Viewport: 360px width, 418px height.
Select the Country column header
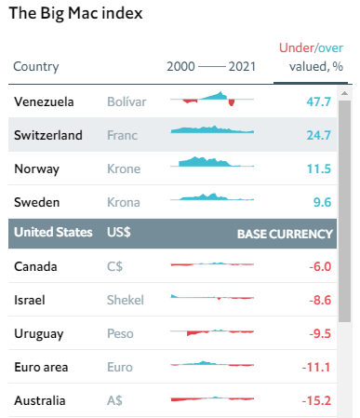(36, 66)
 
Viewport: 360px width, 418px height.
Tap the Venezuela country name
(45, 101)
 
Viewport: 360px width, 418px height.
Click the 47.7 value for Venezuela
(318, 101)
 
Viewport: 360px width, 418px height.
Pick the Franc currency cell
(122, 135)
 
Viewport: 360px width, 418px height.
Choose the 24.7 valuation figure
(318, 135)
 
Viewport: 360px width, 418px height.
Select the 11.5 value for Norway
(318, 169)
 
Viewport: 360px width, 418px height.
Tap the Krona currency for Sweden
(123, 201)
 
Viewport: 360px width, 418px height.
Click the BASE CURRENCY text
(285, 234)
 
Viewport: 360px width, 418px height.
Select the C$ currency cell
(114, 267)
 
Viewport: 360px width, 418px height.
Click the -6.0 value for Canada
(319, 267)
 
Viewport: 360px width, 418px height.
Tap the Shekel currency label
(126, 301)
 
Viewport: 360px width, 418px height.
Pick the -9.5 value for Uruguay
(319, 333)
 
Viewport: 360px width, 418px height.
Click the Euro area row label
(43, 367)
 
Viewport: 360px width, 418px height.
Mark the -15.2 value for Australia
(316, 400)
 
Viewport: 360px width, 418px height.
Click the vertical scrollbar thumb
(344, 205)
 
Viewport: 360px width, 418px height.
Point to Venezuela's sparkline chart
(212, 98)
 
